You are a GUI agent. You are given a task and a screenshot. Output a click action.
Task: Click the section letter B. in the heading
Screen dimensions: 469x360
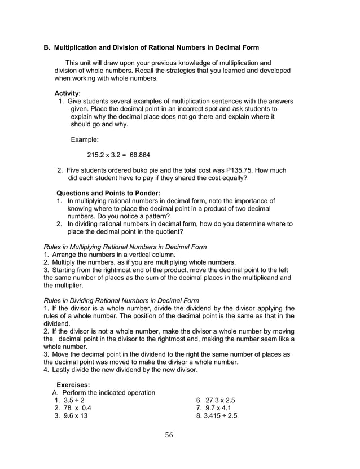pyautogui.click(x=47, y=47)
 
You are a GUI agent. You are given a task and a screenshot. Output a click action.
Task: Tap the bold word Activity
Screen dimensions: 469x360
pyautogui.click(x=66, y=93)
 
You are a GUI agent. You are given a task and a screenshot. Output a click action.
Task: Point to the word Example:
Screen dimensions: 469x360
pyautogui.click(x=85, y=139)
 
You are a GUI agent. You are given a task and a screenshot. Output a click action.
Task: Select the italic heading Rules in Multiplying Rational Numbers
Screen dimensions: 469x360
pyautogui.click(x=125, y=247)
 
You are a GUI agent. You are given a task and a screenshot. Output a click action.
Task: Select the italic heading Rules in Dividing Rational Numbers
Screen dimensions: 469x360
pyautogui.click(x=121, y=300)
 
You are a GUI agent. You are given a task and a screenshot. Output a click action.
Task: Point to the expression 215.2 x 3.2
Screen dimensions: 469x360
pyautogui.click(x=107, y=155)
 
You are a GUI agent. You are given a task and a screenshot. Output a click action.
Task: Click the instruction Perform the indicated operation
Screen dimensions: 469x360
pyautogui.click(x=108, y=393)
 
